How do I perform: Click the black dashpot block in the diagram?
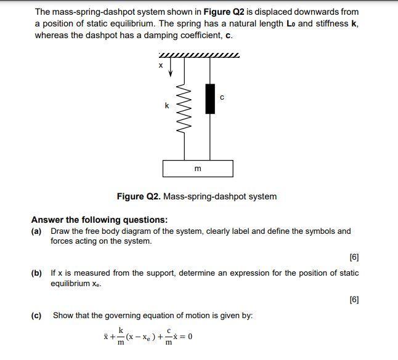tap(210, 99)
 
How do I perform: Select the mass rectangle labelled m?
tap(198, 168)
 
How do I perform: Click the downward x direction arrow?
tap(171, 68)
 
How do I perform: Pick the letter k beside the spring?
tap(166, 106)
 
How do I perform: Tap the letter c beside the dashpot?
tap(222, 97)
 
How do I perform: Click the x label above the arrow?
tap(161, 64)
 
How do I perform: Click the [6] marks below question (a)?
tap(354, 257)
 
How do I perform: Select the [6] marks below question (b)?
tap(354, 300)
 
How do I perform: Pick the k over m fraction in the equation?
tap(121, 337)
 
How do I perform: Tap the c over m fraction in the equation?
tap(168, 337)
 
